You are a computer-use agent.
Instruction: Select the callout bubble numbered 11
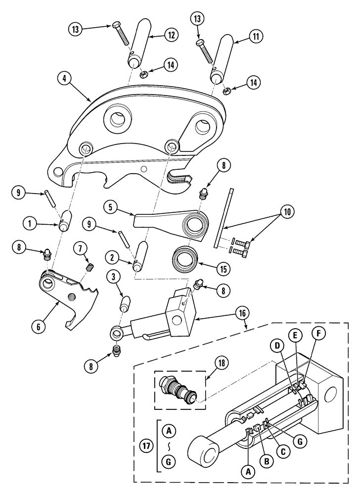tap(256, 36)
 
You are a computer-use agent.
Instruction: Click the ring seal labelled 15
tap(186, 258)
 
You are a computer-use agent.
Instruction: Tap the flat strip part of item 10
tap(225, 218)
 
